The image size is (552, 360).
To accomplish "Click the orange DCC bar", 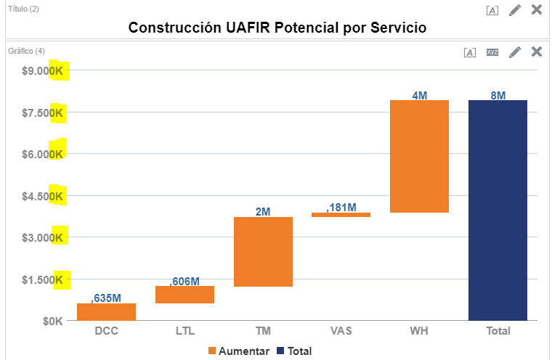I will pyautogui.click(x=106, y=311).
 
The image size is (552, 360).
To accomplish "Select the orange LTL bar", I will pyautogui.click(x=184, y=294).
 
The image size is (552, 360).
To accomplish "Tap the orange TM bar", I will pyautogui.click(x=263, y=252).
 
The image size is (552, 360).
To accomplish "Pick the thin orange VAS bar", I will pyautogui.click(x=341, y=215).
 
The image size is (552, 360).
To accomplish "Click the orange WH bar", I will pyautogui.click(x=419, y=156).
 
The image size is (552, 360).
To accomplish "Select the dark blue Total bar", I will pyautogui.click(x=498, y=210).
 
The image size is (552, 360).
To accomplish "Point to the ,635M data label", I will pyautogui.click(x=106, y=298).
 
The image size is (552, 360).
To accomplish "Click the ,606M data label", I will pyautogui.click(x=184, y=281).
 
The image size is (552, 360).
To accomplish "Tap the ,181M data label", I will pyautogui.click(x=341, y=208).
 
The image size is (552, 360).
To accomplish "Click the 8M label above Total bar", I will pyautogui.click(x=498, y=95).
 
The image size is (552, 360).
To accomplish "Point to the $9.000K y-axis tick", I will pyautogui.click(x=43, y=71).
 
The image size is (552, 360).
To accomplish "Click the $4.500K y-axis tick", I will pyautogui.click(x=43, y=196).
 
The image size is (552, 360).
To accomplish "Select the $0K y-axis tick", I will pyautogui.click(x=52, y=321).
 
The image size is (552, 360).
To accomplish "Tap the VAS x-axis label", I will pyautogui.click(x=341, y=331).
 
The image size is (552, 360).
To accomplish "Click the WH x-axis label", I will pyautogui.click(x=419, y=331).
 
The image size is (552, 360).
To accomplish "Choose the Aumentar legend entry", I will pyautogui.click(x=239, y=351).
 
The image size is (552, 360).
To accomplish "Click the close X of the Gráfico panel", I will pyautogui.click(x=537, y=52).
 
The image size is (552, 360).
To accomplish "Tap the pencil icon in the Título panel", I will pyautogui.click(x=515, y=9).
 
